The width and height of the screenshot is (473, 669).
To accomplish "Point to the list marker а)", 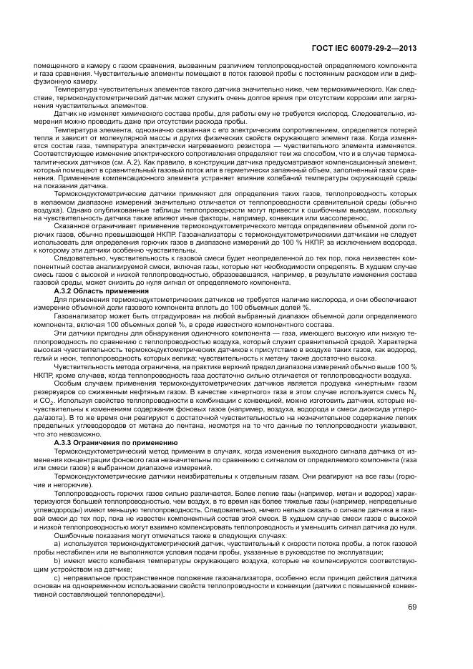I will click(x=58, y=544).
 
